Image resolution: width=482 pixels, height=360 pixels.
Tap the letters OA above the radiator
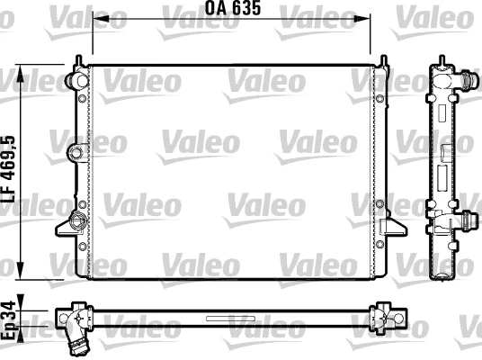pyautogui.click(x=217, y=11)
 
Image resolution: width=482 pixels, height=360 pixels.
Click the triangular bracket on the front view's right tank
pyautogui.click(x=390, y=225)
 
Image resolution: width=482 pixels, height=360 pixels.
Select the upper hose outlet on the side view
pyautogui.click(x=467, y=81)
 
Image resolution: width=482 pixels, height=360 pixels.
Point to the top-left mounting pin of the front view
pyautogui.click(x=79, y=60)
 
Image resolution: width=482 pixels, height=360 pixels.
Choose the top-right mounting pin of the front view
pyautogui.click(x=384, y=60)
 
